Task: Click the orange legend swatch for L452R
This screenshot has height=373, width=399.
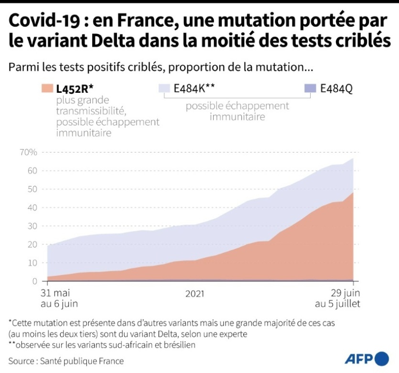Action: click(47, 88)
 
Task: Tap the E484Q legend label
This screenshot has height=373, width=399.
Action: click(336, 88)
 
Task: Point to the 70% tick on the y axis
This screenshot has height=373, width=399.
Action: click(28, 153)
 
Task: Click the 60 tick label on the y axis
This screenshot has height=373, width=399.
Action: click(32, 171)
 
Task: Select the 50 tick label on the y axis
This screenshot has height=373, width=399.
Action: click(32, 189)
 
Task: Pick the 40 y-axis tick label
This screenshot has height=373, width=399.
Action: click(32, 208)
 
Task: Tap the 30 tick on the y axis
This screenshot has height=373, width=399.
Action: click(32, 226)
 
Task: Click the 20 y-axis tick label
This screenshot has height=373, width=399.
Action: click(32, 244)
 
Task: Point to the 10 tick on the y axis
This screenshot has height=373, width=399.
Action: click(32, 263)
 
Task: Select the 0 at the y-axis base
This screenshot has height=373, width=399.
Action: click(34, 281)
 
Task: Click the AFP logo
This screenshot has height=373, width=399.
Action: click(367, 359)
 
